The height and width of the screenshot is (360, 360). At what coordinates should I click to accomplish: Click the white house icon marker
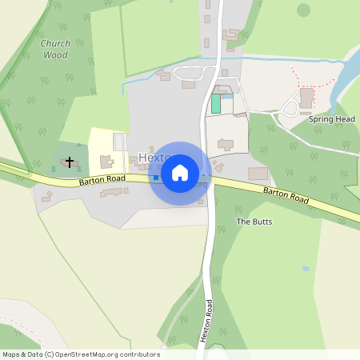click(x=179, y=173)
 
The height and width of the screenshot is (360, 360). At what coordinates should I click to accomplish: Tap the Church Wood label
click(x=56, y=50)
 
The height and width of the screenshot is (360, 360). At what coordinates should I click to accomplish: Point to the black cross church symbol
click(x=69, y=162)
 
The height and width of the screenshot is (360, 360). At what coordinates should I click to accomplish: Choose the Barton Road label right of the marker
click(x=286, y=195)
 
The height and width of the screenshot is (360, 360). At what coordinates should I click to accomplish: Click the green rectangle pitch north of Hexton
click(x=216, y=103)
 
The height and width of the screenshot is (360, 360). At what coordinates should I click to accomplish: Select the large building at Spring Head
click(x=307, y=98)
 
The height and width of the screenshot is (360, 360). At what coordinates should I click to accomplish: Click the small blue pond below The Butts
click(x=305, y=269)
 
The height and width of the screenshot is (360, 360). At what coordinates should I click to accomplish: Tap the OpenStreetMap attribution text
click(x=81, y=354)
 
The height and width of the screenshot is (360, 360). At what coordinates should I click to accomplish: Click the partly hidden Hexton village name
click(x=148, y=158)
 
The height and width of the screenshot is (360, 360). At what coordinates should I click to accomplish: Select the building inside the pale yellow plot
click(x=106, y=162)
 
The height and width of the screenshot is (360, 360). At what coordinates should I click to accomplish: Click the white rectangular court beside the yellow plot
click(x=120, y=142)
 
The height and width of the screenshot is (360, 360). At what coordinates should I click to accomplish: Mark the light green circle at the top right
click(x=303, y=10)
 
